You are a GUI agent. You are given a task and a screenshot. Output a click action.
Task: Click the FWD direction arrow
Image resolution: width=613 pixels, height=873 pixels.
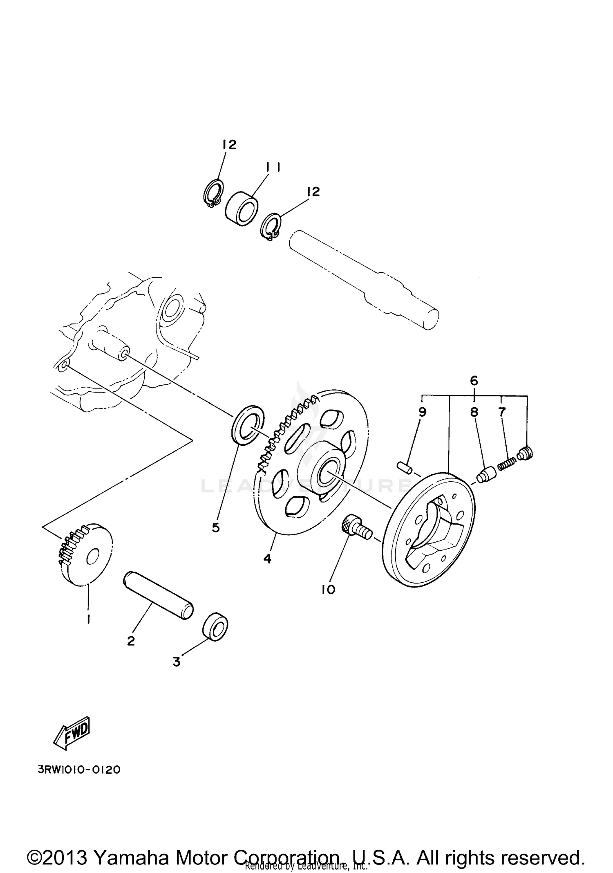(x=72, y=733)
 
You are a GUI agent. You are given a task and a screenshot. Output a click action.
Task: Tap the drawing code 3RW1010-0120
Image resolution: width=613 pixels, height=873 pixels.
(x=79, y=770)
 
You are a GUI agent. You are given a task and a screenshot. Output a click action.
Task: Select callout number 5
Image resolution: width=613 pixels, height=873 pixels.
(x=216, y=528)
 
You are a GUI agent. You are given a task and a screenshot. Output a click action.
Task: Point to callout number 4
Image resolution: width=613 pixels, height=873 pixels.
(x=267, y=559)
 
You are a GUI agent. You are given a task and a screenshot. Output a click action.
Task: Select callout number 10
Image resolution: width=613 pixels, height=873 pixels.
(x=328, y=589)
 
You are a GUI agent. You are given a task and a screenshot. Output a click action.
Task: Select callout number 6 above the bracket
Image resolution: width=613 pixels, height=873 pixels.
(x=474, y=381)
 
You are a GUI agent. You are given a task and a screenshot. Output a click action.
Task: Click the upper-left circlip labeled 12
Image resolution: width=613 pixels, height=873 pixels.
(x=213, y=193)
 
